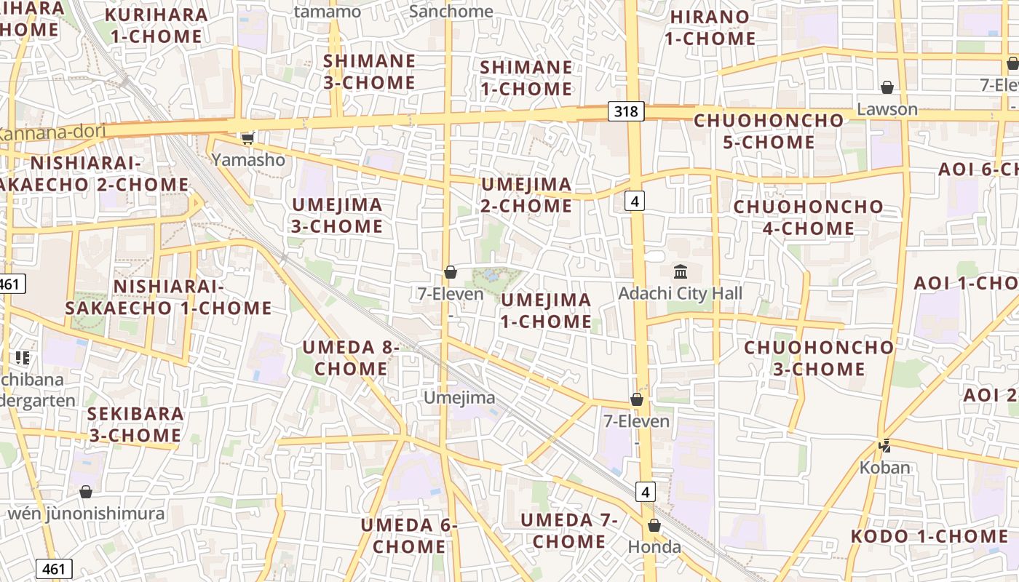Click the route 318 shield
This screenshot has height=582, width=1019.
[x=625, y=111]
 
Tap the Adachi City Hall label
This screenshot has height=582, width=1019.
[x=680, y=293]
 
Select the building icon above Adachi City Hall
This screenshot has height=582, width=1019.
[x=681, y=272]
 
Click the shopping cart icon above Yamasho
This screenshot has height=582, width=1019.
[x=248, y=137]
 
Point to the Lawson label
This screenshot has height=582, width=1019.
[x=887, y=109]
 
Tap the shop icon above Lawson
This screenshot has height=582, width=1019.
[x=887, y=88]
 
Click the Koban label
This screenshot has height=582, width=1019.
[x=885, y=467]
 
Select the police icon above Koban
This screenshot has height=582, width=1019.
[x=885, y=445]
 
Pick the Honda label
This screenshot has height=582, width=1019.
[x=654, y=547]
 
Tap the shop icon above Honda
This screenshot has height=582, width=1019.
[x=654, y=525]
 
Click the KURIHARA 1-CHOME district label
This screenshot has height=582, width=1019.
[x=156, y=25]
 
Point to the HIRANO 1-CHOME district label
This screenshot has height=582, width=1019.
[x=710, y=28]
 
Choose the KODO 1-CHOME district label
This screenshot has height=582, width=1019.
[x=929, y=537]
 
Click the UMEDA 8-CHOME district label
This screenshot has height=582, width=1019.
[x=351, y=358]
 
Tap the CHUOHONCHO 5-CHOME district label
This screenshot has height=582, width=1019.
[x=769, y=131]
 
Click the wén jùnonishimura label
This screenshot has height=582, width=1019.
[x=86, y=514]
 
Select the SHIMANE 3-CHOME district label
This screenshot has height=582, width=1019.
[x=369, y=72]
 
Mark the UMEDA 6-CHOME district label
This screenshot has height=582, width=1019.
[x=409, y=535]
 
